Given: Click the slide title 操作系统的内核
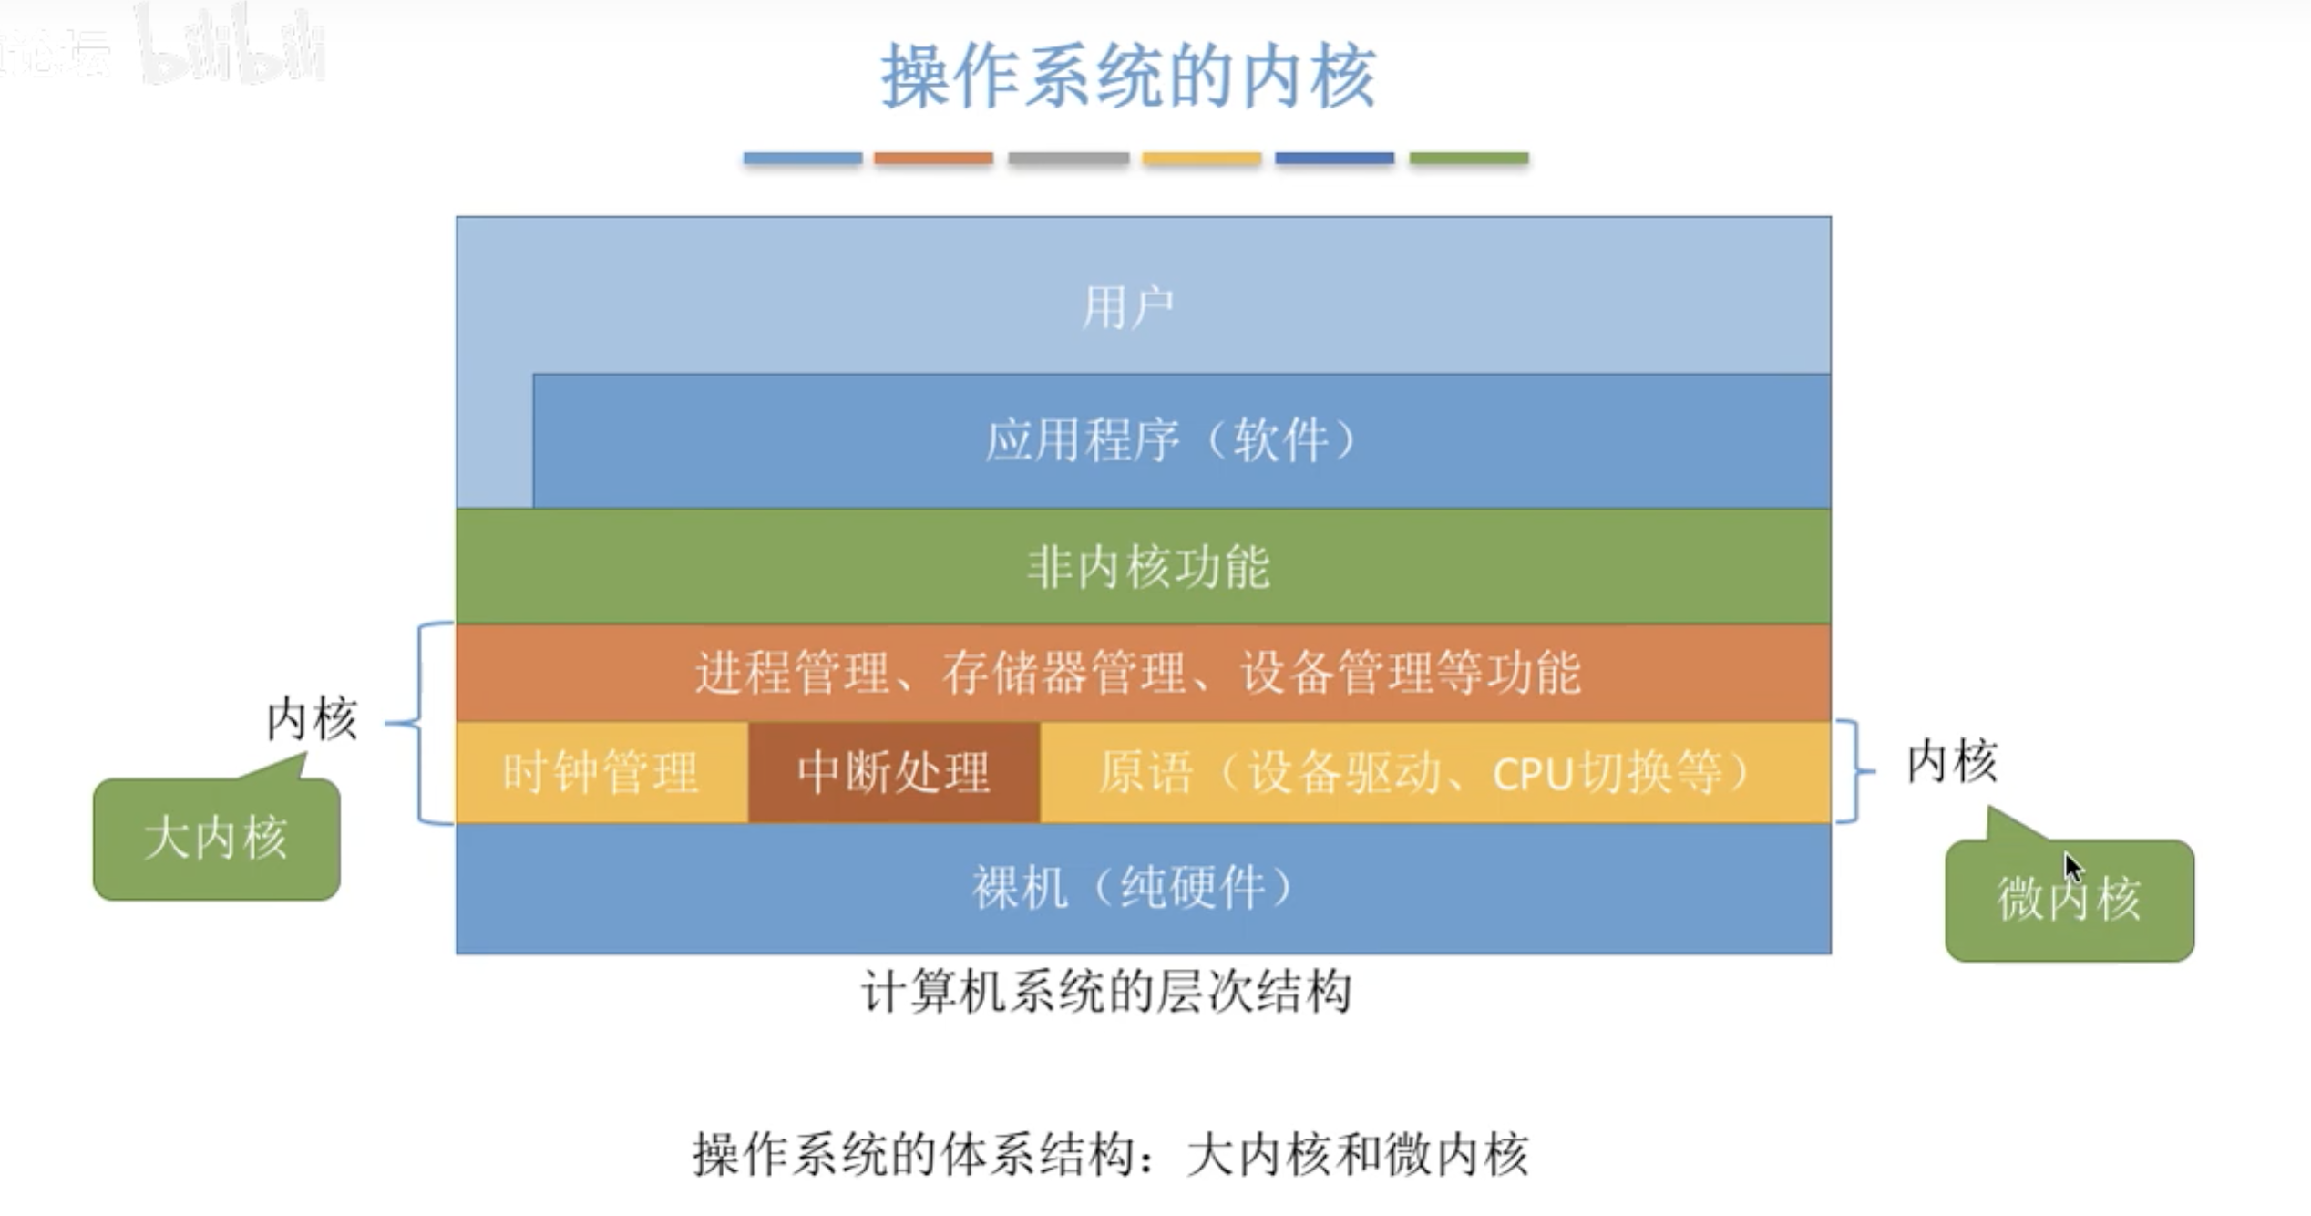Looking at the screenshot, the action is (x=1128, y=77).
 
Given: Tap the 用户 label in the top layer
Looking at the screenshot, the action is (x=1127, y=307).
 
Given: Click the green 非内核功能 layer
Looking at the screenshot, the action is (x=1145, y=566).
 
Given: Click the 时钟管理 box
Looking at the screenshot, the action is (x=601, y=773).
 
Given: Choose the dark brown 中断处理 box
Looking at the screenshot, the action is (x=893, y=773).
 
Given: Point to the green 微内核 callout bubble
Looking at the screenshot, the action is (x=2069, y=900).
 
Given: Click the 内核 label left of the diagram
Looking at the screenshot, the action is (x=312, y=720).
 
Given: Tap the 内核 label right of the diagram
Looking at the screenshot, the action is (x=1952, y=762).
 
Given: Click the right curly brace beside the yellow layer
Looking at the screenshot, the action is (x=1854, y=771).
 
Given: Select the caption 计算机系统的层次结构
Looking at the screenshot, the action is (x=1106, y=992).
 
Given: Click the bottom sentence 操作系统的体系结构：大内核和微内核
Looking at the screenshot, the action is (x=1110, y=1155).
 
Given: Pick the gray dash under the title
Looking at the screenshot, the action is (x=1068, y=159).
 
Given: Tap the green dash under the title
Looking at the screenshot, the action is (x=1468, y=159).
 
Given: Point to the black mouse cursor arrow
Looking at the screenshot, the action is (x=2073, y=866).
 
